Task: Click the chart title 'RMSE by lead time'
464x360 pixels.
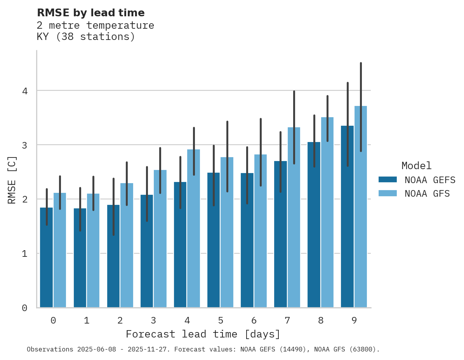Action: (x=90, y=13)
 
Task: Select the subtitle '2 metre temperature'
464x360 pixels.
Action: (x=95, y=26)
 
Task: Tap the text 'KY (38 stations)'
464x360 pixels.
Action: (x=85, y=37)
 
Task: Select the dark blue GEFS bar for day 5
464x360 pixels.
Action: (x=214, y=241)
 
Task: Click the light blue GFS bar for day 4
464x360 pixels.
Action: (x=193, y=229)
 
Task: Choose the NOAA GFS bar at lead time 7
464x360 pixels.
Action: (x=294, y=217)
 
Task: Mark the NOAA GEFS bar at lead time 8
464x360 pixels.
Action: (x=314, y=225)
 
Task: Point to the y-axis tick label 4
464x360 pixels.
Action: (x=24, y=91)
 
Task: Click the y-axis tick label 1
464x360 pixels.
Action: (x=24, y=254)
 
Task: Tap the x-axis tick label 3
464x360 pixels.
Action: (x=153, y=320)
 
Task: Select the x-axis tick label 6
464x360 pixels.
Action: (x=254, y=320)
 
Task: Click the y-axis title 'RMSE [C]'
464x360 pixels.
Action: (x=12, y=180)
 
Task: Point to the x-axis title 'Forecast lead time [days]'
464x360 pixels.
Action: (x=203, y=334)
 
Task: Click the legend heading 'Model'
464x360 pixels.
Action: (x=416, y=166)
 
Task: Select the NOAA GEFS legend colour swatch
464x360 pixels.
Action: (x=388, y=180)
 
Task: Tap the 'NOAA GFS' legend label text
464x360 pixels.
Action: (x=427, y=194)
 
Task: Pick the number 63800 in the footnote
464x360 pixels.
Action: (x=362, y=350)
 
